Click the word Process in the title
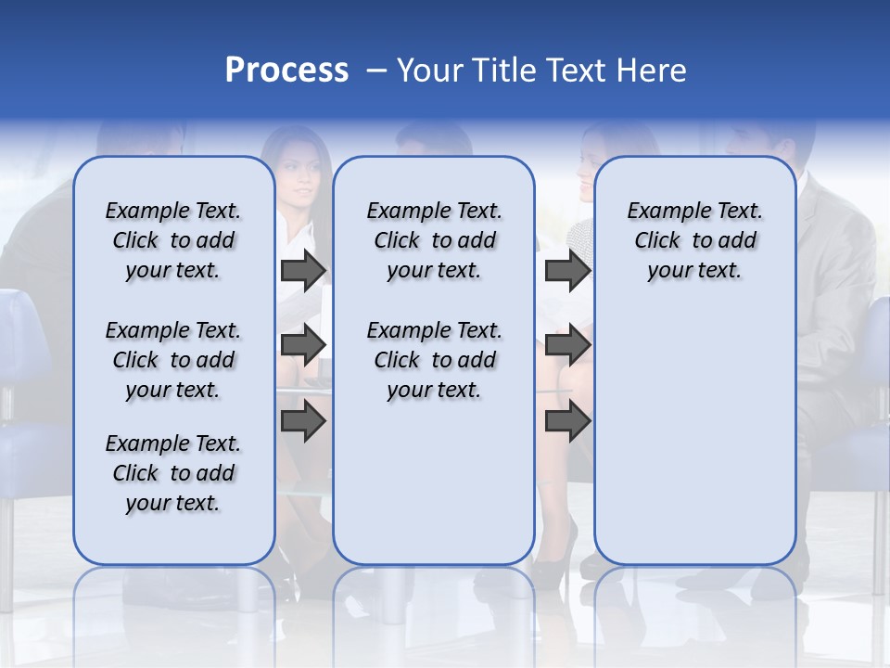(286, 71)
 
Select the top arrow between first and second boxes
(303, 270)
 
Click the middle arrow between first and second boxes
(303, 345)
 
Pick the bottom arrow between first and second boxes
(303, 422)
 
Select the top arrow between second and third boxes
(567, 270)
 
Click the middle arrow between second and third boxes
(567, 345)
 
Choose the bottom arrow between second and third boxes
(567, 422)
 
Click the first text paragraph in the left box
(172, 240)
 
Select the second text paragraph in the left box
(172, 360)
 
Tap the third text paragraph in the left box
(172, 473)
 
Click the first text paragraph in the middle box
(434, 240)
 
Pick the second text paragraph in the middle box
(434, 360)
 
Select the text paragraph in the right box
(694, 240)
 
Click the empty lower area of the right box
(694, 436)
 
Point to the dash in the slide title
(375, 71)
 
